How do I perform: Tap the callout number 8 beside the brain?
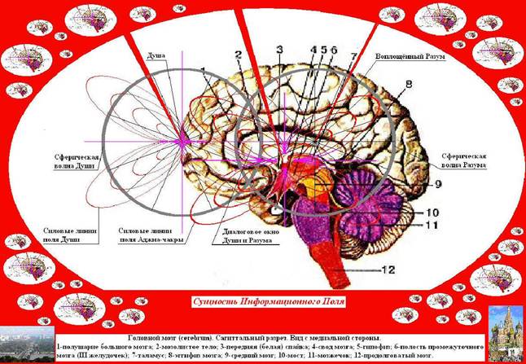pyautogui.click(x=410, y=84)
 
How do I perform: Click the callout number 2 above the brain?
pyautogui.click(x=239, y=55)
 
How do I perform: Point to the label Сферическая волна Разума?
pyautogui.click(x=462, y=159)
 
